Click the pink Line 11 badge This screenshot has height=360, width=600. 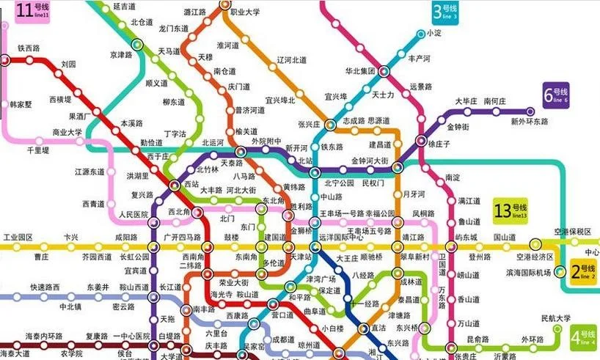(x=34, y=11)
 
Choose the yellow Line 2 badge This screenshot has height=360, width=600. (x=583, y=273)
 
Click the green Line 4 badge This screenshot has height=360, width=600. (x=584, y=337)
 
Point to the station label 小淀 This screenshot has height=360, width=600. (x=434, y=33)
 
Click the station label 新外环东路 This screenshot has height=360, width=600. (x=529, y=121)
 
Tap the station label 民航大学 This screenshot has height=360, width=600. (x=555, y=318)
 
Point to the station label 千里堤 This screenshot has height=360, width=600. (x=37, y=150)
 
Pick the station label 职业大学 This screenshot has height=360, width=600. (x=245, y=12)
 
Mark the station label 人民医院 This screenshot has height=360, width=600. (x=133, y=214)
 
